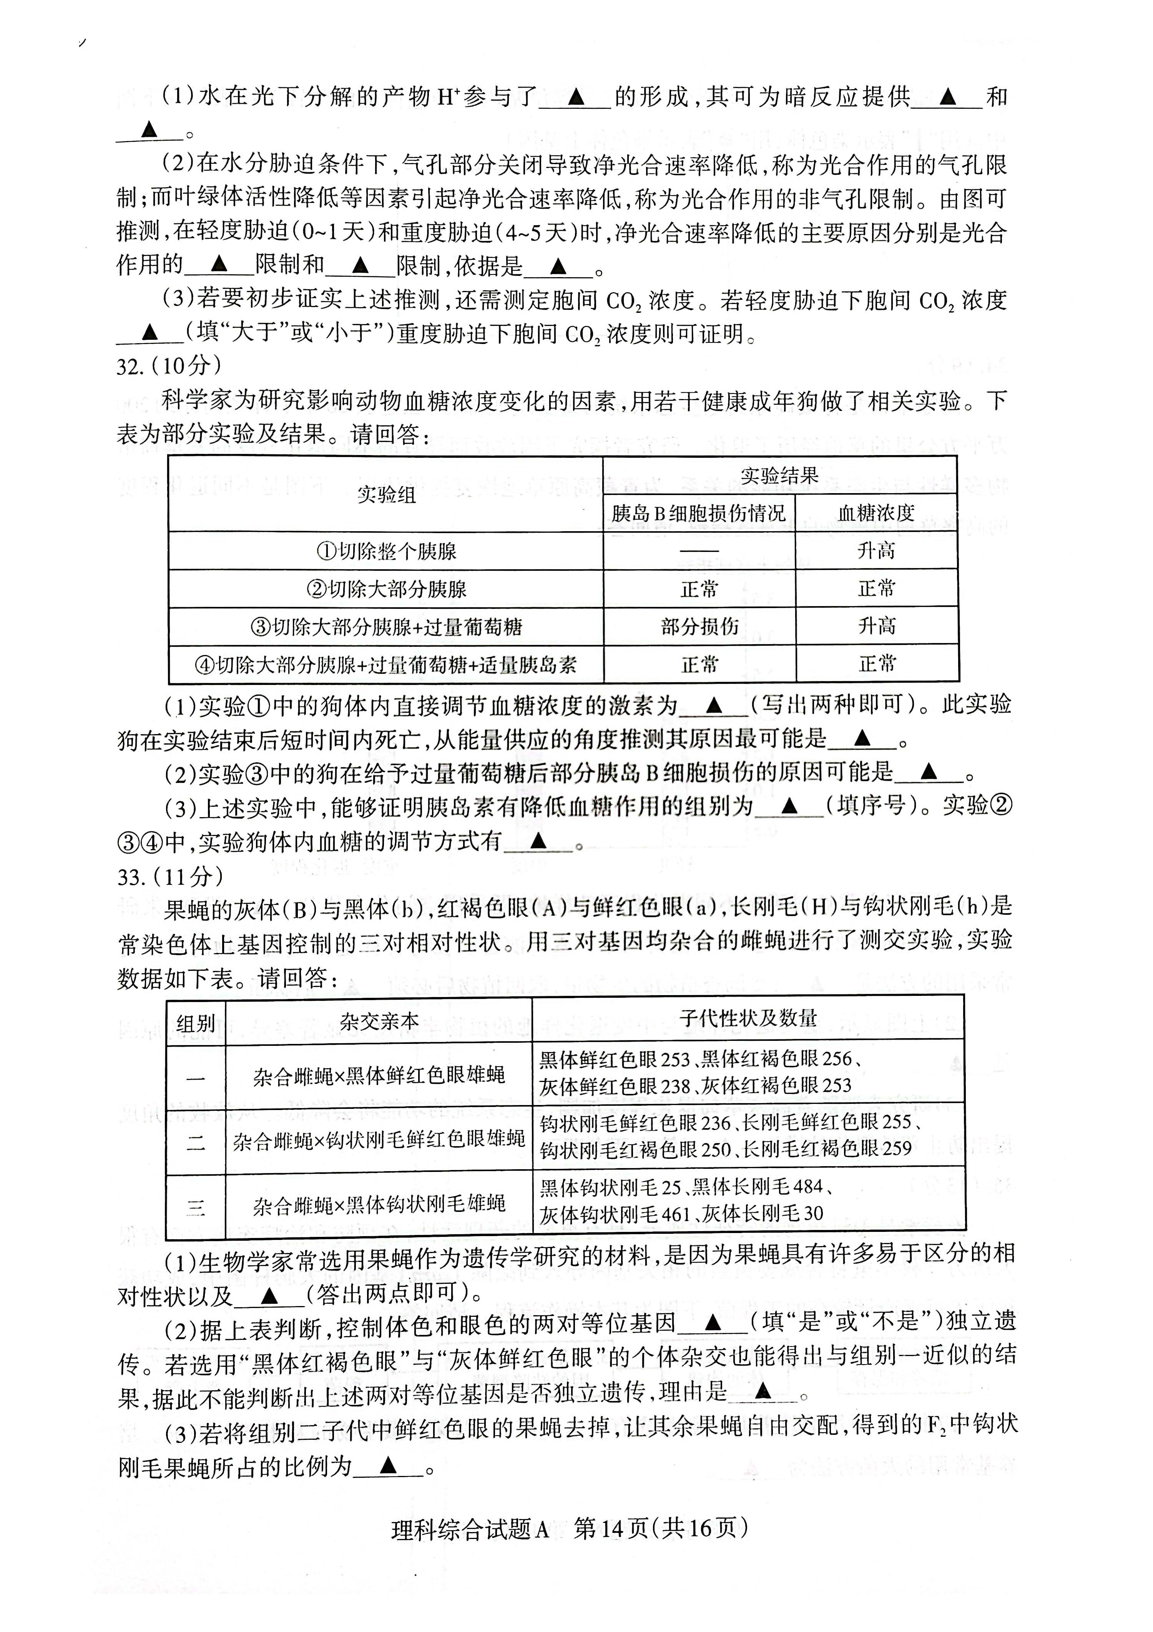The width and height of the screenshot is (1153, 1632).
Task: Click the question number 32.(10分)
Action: click(168, 366)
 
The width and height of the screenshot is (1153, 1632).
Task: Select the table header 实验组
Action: click(386, 494)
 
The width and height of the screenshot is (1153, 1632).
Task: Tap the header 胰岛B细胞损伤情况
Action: click(699, 513)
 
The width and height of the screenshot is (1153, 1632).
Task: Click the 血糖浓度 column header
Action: click(876, 513)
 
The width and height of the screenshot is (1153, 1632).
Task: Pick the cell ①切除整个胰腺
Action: click(386, 551)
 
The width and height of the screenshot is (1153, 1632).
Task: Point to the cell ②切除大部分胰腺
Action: click(386, 588)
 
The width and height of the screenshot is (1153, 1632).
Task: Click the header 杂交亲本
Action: click(379, 1021)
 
